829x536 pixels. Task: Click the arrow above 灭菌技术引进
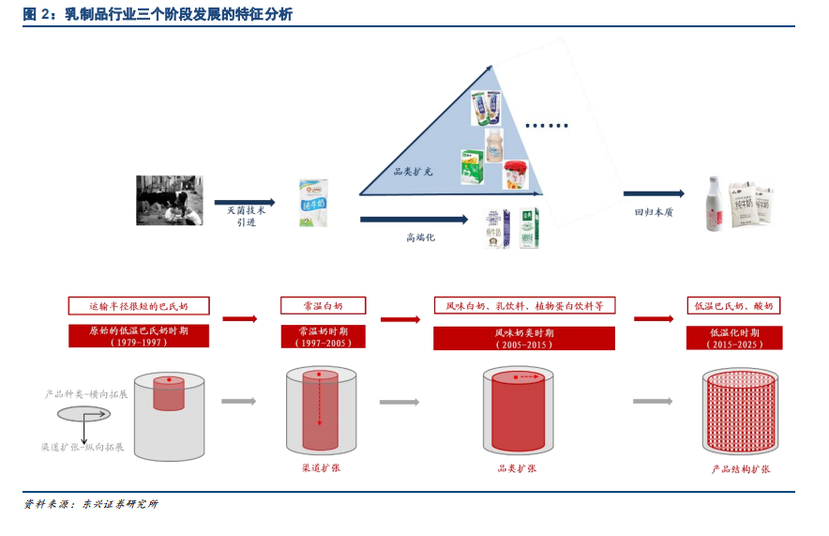click(x=245, y=202)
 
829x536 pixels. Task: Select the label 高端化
click(x=420, y=237)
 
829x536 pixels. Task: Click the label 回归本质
click(x=654, y=212)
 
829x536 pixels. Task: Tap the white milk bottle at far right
click(x=716, y=204)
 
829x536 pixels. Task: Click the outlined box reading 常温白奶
click(x=323, y=306)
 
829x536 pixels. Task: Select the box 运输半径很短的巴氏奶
click(x=138, y=306)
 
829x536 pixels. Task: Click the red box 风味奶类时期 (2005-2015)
click(x=524, y=338)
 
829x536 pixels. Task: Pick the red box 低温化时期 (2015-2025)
click(x=732, y=337)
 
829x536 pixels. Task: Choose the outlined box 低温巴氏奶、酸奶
click(x=733, y=306)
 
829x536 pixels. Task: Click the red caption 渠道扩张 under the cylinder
click(x=321, y=467)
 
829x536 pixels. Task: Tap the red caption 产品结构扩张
click(x=740, y=468)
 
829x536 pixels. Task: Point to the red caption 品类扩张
click(x=517, y=467)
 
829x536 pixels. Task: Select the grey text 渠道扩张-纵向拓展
click(x=83, y=447)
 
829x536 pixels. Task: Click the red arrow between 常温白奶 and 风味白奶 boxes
click(x=399, y=319)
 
